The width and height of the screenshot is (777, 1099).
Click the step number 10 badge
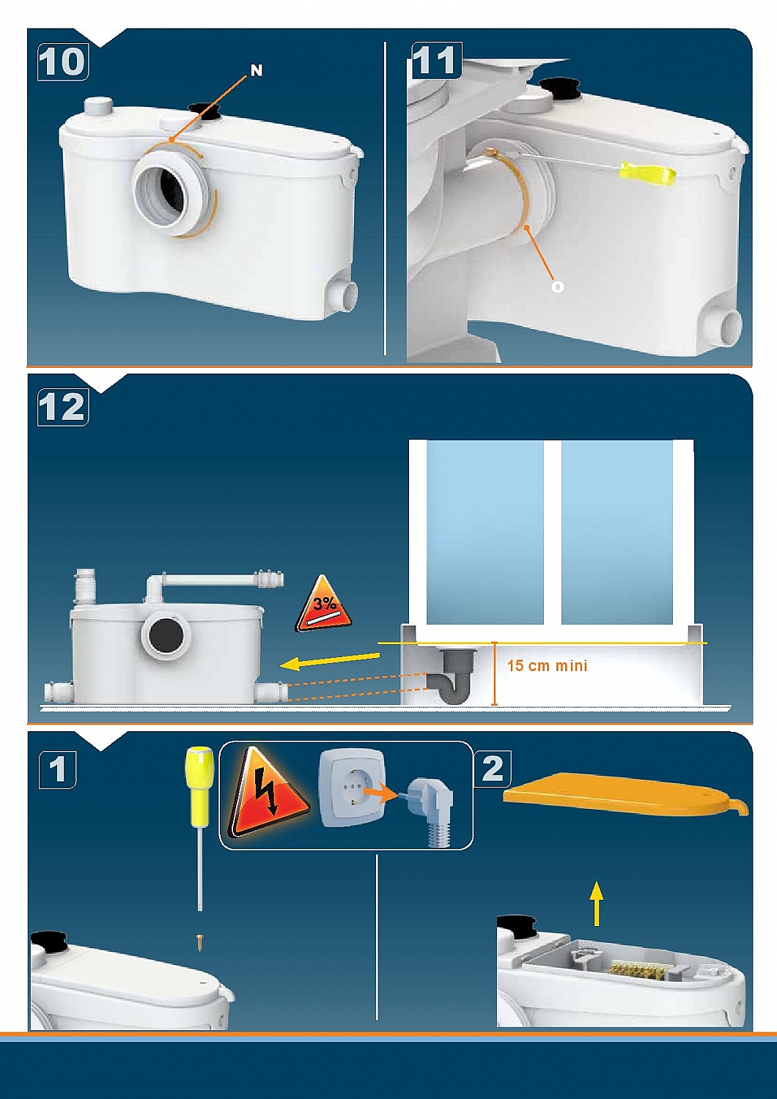pos(62,62)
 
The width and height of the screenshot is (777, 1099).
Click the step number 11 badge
pos(437,60)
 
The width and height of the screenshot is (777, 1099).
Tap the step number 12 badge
pos(62,407)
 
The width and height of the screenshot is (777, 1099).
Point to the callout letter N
pos(257,70)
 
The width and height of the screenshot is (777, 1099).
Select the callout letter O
pos(558,286)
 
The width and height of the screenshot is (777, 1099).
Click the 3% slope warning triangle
pos(323,606)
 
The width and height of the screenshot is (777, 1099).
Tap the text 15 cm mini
pos(547,665)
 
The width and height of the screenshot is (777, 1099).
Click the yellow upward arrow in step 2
pos(597,903)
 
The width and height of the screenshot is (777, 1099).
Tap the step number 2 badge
pos(493,769)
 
